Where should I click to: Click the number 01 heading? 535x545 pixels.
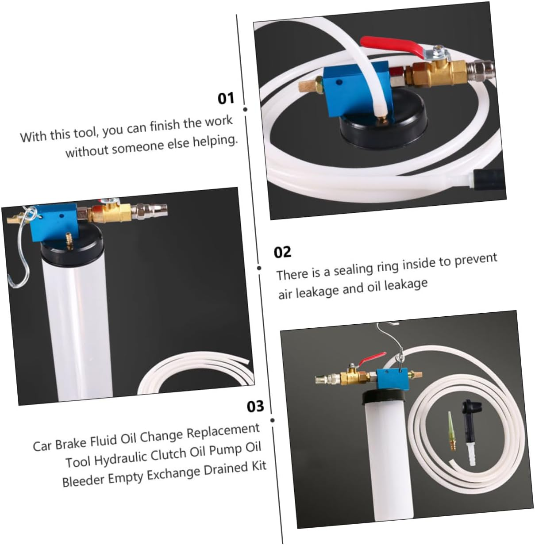[x=226, y=99]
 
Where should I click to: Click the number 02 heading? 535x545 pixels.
[x=282, y=252]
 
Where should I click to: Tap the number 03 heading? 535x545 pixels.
[x=255, y=407]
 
